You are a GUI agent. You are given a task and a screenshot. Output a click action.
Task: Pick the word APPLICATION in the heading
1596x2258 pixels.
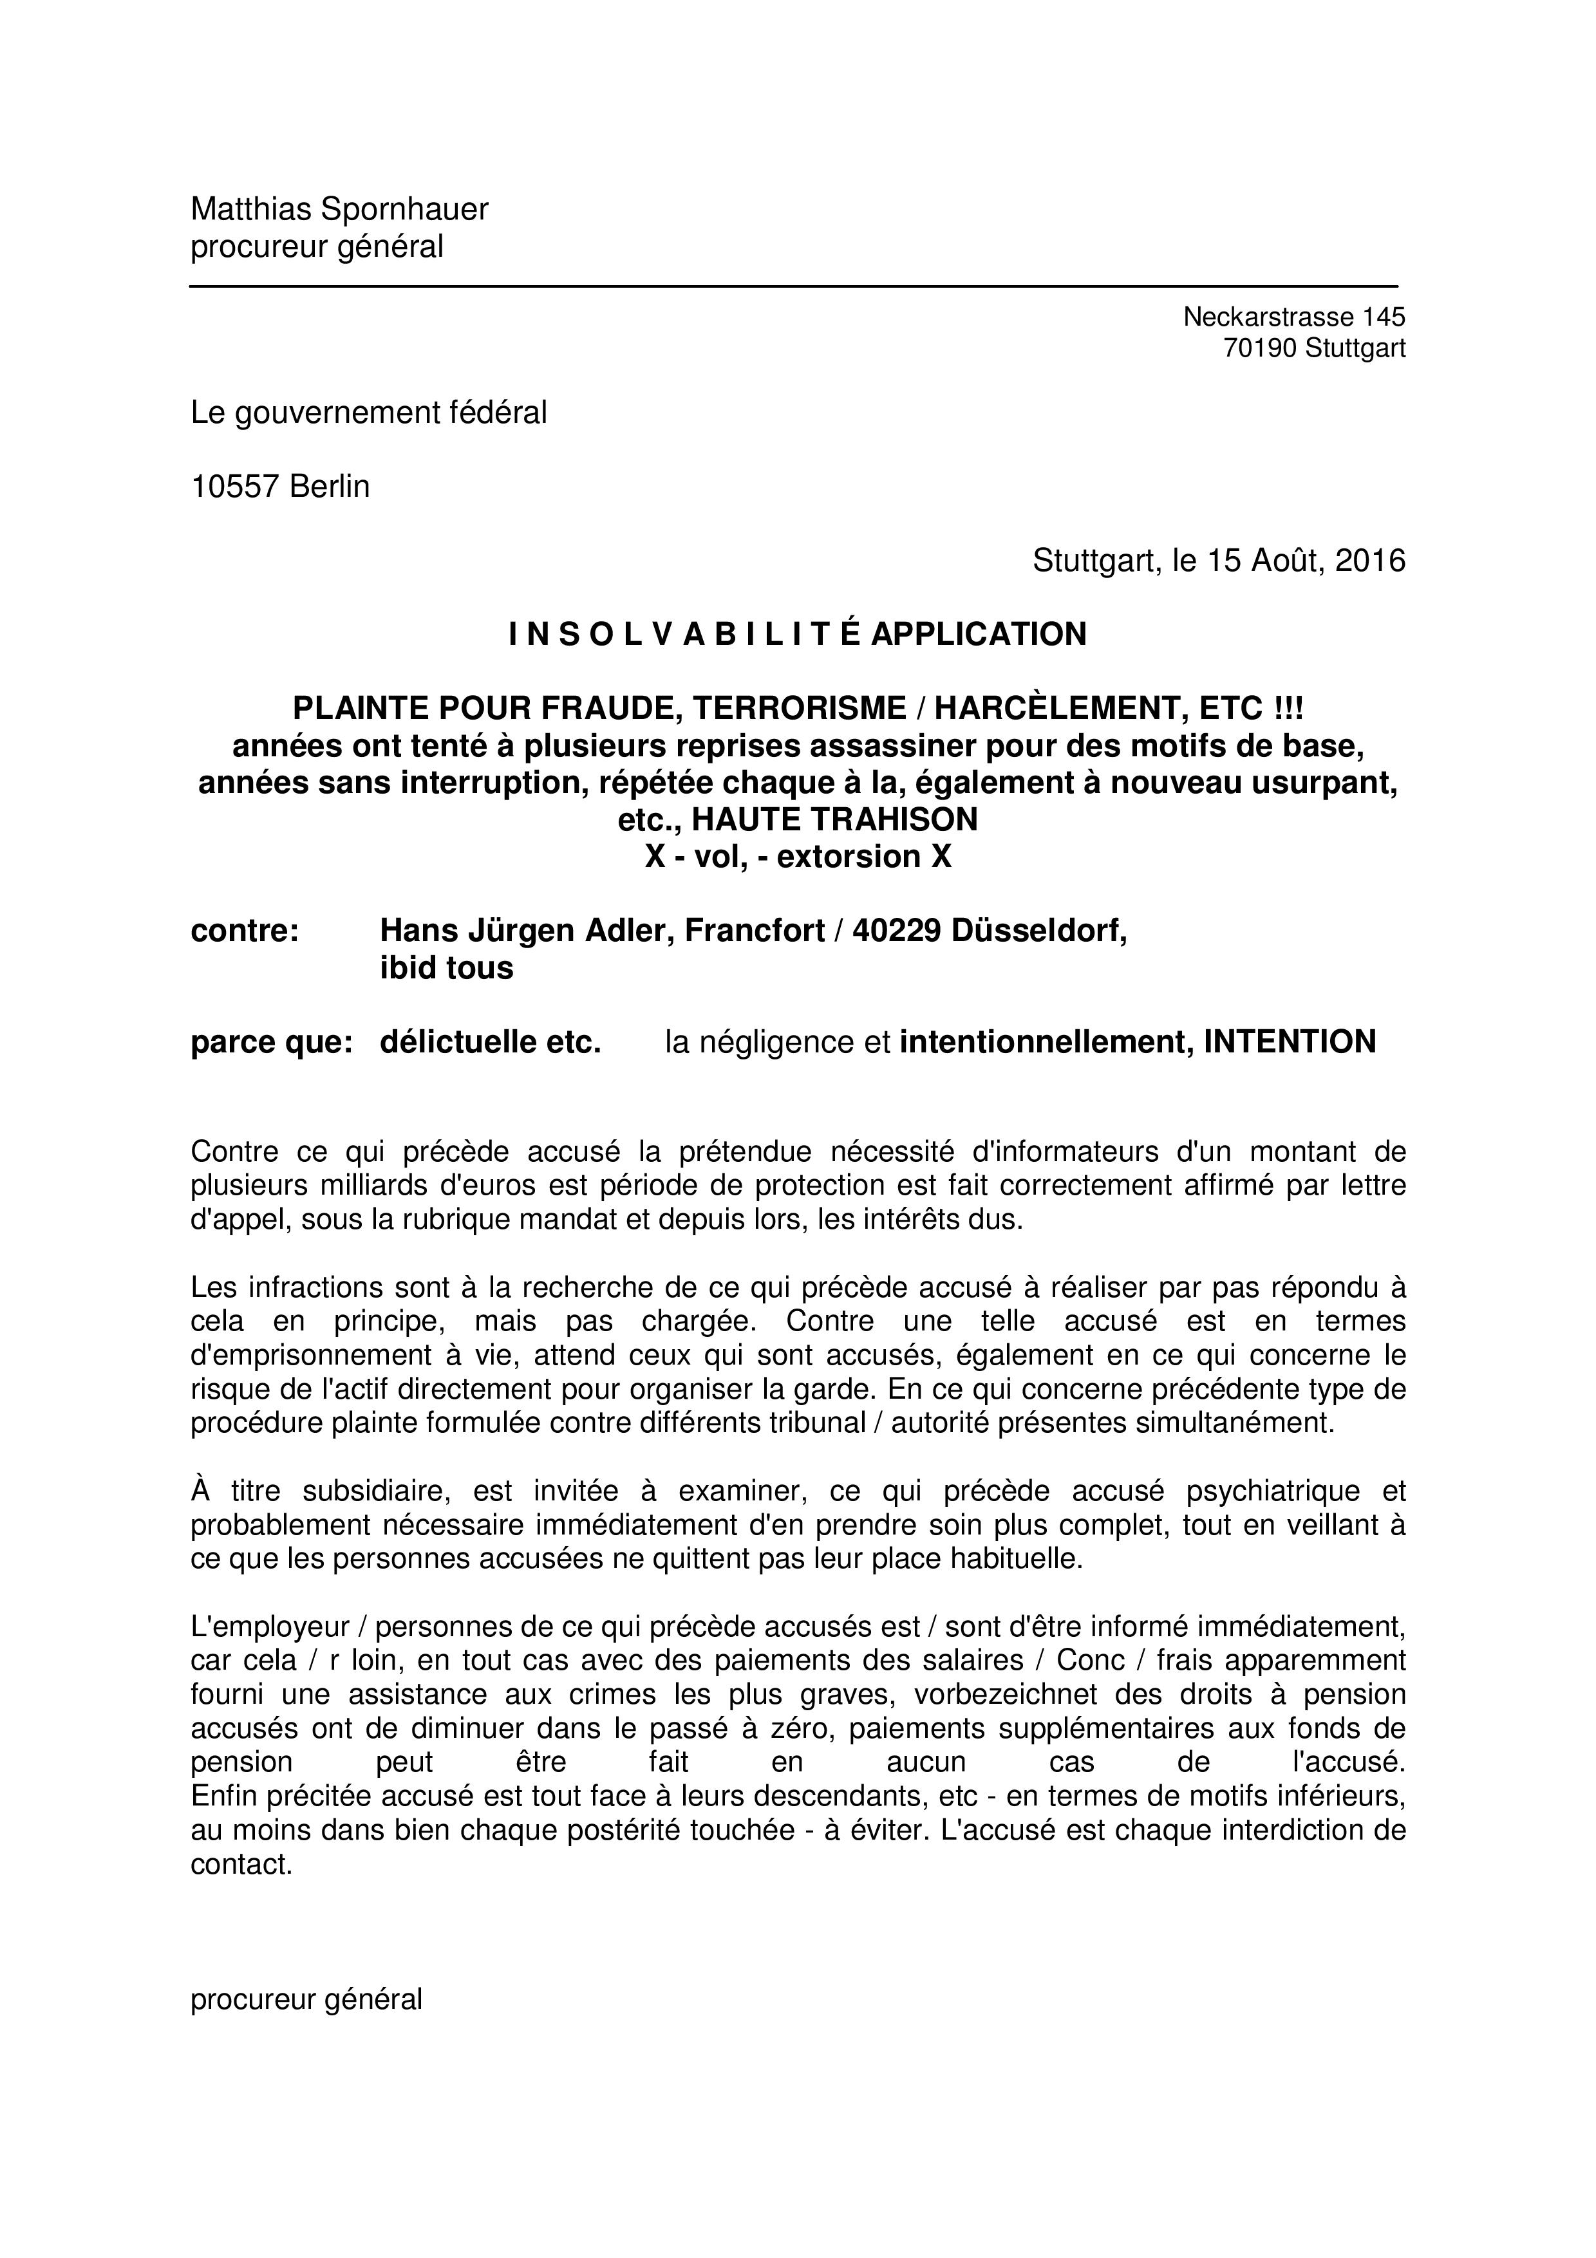pyautogui.click(x=979, y=634)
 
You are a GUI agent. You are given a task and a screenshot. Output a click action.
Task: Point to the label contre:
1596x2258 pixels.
pyautogui.click(x=244, y=930)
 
